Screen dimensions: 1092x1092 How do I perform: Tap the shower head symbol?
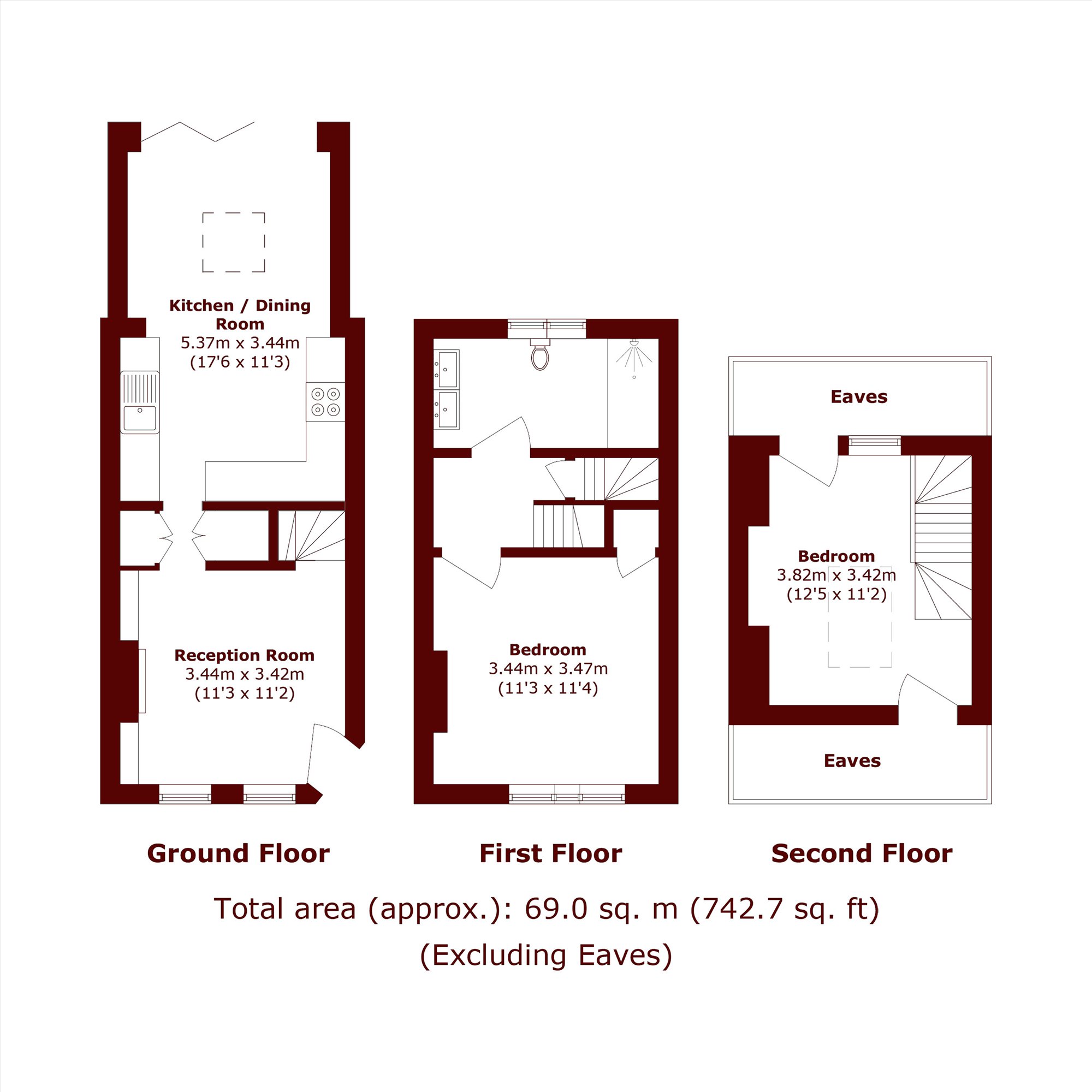(633, 355)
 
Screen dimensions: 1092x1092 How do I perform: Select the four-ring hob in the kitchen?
(325, 401)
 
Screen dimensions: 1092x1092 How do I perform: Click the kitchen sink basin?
(140, 418)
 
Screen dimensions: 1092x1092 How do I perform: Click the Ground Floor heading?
(238, 853)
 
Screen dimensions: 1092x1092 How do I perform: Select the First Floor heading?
(550, 853)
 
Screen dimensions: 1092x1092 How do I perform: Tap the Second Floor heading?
(862, 853)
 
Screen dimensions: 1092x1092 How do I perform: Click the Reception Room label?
(244, 655)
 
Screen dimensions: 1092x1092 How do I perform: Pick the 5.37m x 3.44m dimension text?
(240, 342)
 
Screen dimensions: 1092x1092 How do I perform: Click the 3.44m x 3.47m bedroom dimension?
(548, 669)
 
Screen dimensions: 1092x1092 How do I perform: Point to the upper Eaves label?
(859, 397)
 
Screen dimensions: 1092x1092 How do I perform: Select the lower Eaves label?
(852, 761)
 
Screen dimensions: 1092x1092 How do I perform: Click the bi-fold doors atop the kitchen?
(197, 132)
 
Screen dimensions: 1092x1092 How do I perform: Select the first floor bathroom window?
(547, 328)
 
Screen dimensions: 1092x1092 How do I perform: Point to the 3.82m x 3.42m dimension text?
(836, 575)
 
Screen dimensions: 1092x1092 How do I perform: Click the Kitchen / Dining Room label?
(240, 315)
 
